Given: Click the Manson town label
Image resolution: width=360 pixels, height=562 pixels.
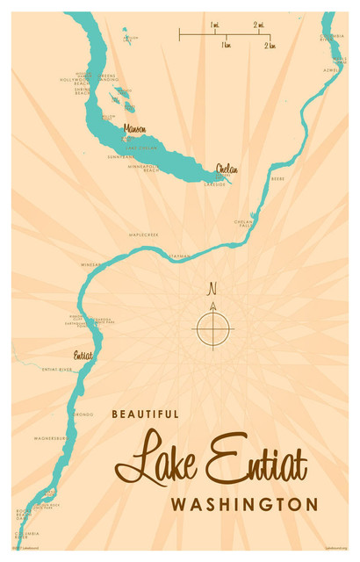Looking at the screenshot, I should (134, 129).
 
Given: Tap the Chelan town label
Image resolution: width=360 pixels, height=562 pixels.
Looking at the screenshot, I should (227, 169).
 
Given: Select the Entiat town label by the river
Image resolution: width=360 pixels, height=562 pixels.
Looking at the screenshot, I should (83, 357).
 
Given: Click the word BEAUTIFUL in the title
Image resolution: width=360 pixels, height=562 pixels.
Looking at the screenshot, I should (146, 414).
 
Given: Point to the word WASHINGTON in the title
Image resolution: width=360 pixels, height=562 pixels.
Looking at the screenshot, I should (244, 505).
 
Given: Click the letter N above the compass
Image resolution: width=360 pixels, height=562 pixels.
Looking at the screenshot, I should (212, 289).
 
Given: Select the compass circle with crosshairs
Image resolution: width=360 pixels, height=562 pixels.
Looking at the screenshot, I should (212, 329).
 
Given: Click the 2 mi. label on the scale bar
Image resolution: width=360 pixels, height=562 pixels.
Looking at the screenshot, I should (261, 26).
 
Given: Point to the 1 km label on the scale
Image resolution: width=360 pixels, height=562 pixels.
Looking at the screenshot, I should (226, 45).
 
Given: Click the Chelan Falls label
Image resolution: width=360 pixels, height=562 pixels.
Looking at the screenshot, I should (243, 223).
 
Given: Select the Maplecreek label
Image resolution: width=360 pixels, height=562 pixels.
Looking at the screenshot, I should (143, 235).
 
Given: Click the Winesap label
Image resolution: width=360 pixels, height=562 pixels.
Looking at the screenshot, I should (91, 264).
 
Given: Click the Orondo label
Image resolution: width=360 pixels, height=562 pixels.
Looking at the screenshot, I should (83, 414).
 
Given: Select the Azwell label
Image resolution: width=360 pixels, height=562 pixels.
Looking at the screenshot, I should (330, 69).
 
